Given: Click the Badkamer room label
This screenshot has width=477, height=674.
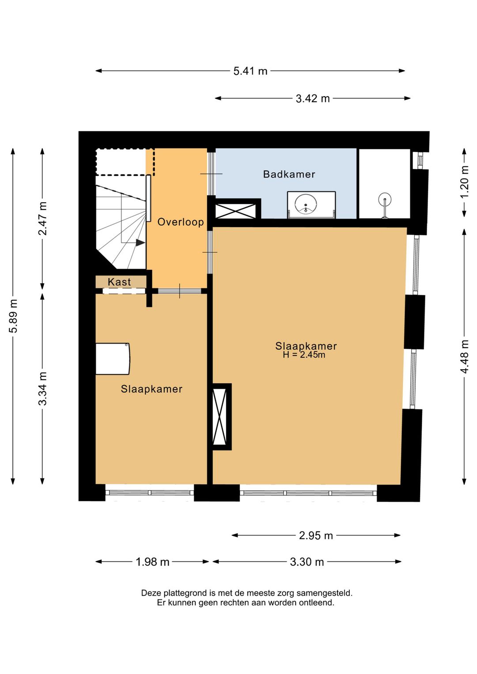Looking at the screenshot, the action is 289,174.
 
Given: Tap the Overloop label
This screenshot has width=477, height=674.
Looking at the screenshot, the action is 181,222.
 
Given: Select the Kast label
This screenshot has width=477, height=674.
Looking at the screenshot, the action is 120,282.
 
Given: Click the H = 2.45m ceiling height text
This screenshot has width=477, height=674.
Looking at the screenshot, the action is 304,355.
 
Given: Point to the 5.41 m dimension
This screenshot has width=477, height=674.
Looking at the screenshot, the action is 250,71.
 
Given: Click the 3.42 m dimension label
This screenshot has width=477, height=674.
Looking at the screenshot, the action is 313,98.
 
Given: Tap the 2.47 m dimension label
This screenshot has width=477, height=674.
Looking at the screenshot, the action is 43,219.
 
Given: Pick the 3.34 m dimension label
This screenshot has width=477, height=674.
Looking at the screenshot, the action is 43,389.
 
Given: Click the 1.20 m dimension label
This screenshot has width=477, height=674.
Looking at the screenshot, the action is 465,182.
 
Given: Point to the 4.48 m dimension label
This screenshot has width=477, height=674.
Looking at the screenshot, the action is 465,356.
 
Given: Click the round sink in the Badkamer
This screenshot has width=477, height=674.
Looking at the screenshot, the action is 306,204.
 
